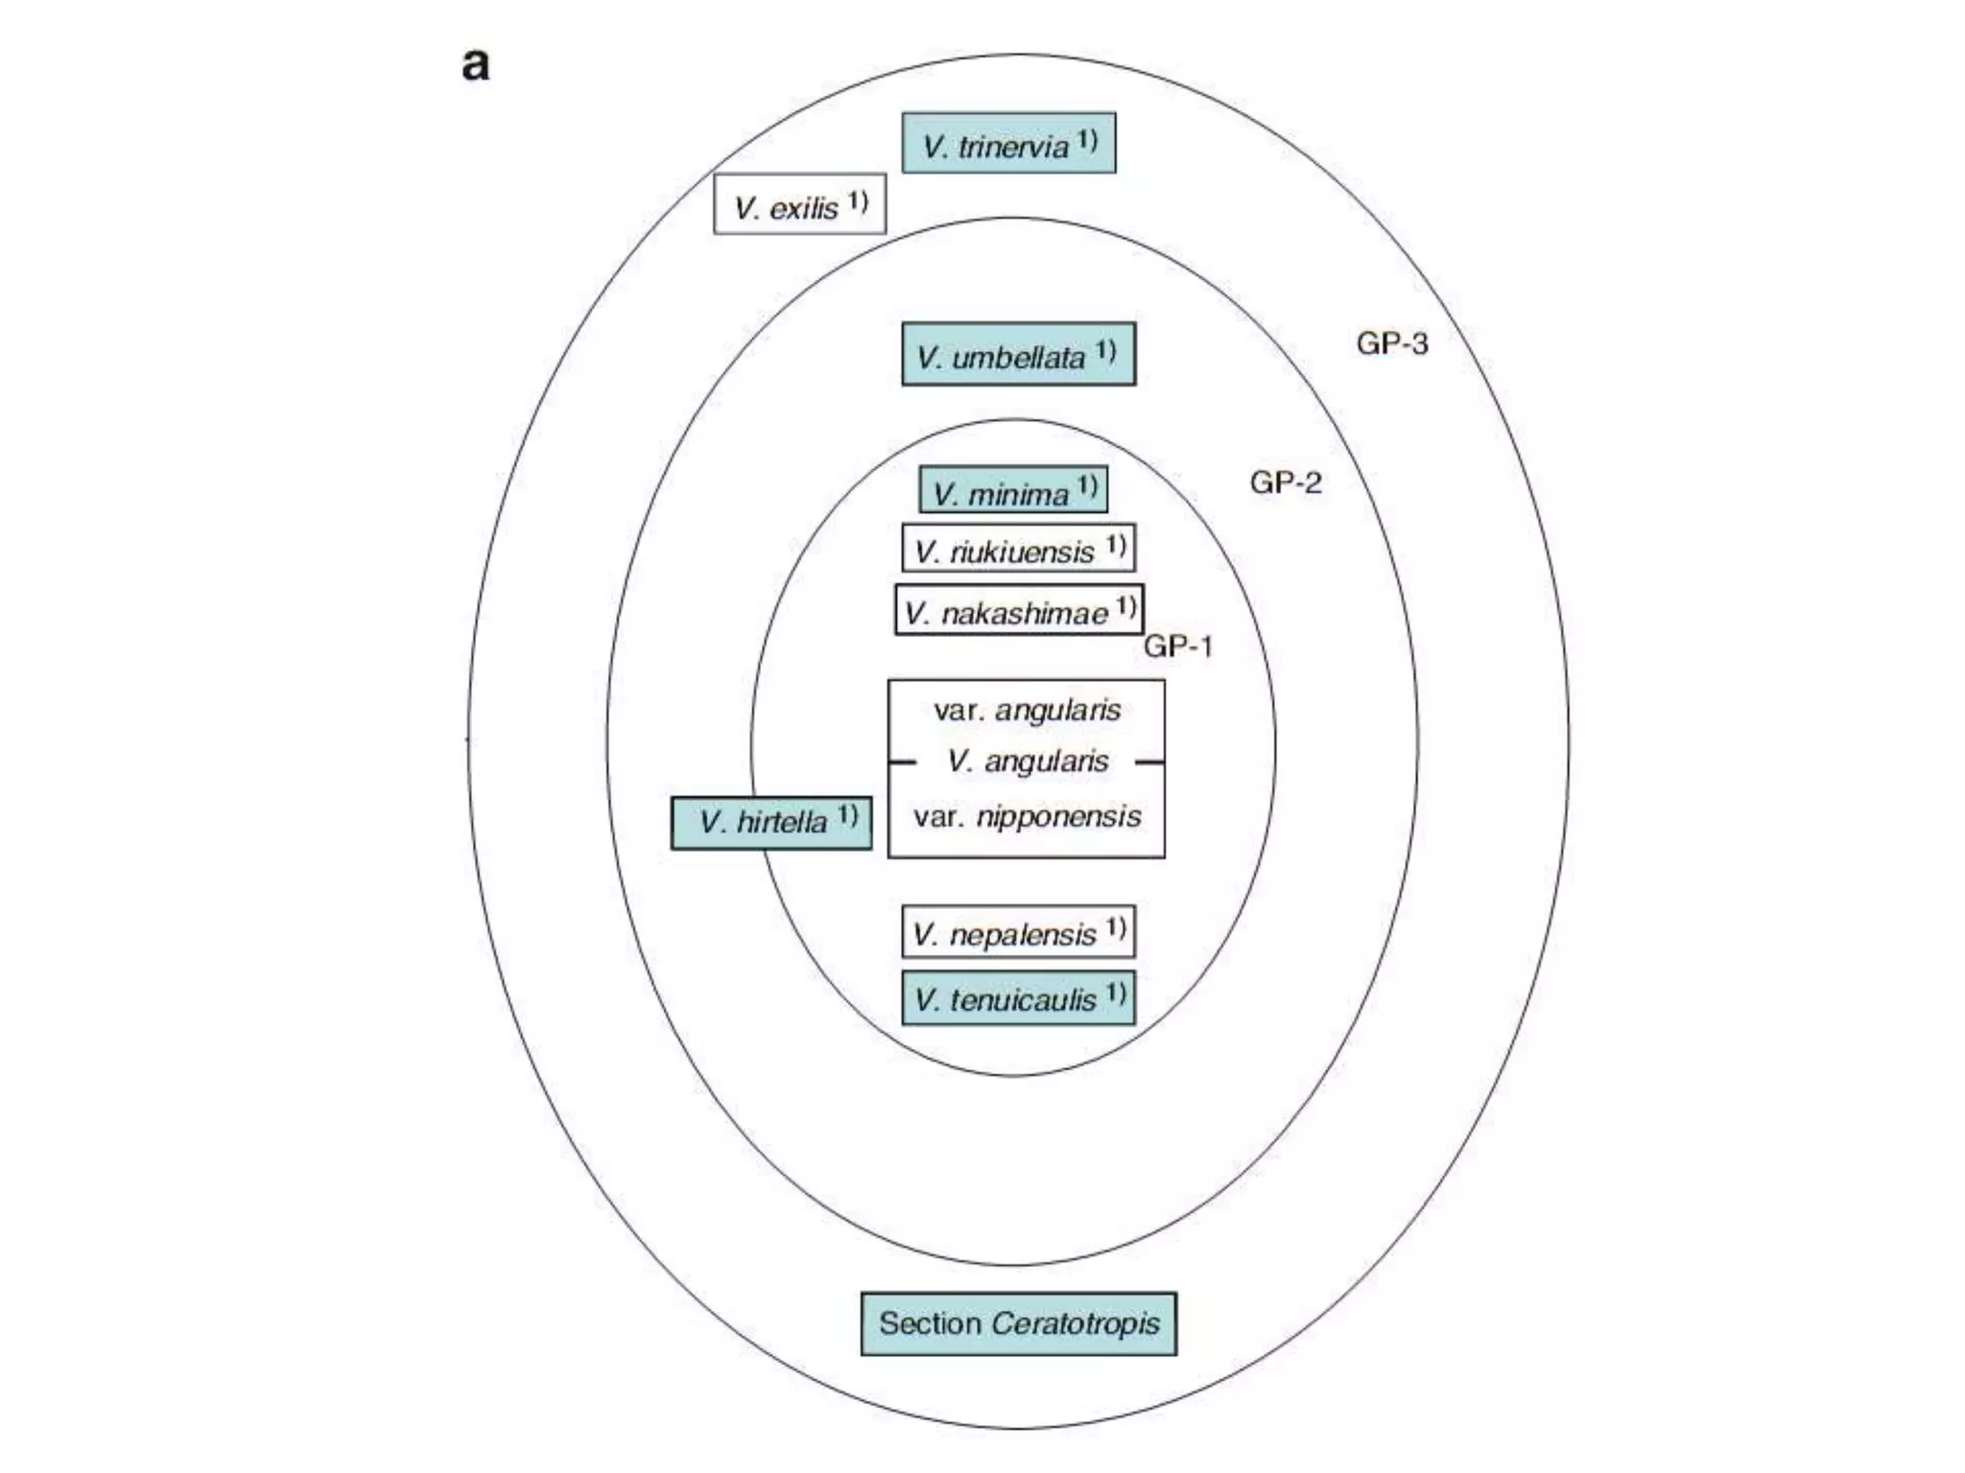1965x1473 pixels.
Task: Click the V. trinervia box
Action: click(1008, 144)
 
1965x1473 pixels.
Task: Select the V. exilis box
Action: click(799, 204)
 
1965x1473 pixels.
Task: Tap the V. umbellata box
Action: click(1018, 355)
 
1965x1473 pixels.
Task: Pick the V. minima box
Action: click(1013, 491)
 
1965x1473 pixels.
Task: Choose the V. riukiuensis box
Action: click(1018, 549)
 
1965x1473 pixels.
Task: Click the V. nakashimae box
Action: click(1019, 611)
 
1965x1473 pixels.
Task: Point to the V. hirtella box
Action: click(771, 822)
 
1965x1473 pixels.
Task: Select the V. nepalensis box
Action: click(1018, 932)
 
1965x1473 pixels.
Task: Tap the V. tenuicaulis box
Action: click(1018, 998)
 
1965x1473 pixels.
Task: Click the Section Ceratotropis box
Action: click(1019, 1323)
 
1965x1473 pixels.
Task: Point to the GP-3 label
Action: click(1391, 343)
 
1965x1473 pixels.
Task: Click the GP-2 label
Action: click(1285, 482)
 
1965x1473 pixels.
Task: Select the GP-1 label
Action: click(1178, 646)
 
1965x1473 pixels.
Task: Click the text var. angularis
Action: click(1027, 711)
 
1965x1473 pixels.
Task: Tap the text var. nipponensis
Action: click(1027, 817)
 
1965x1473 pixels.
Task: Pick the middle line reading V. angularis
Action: click(1027, 761)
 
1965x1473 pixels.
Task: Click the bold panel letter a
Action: click(476, 65)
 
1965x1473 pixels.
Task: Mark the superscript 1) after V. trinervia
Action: click(1086, 140)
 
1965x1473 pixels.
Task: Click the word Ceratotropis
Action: click(1075, 1323)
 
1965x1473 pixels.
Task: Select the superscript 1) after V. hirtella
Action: click(847, 815)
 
